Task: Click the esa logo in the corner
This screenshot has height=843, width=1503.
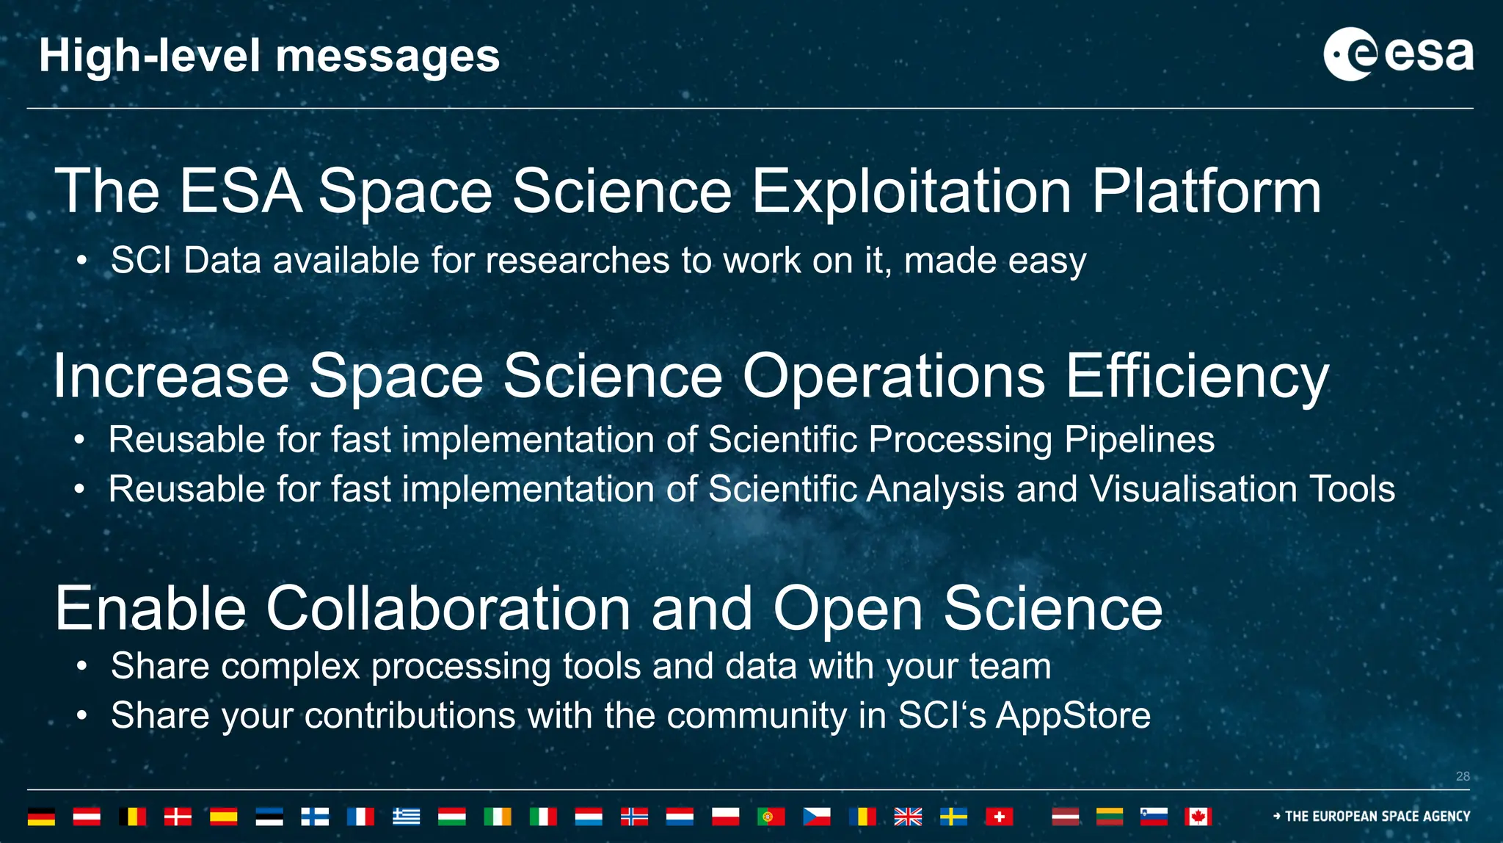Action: pos(1397,54)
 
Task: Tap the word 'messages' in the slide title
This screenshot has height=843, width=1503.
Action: pos(387,57)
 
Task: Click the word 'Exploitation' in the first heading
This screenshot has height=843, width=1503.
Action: pos(912,192)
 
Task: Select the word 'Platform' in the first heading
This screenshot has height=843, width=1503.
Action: pos(1206,192)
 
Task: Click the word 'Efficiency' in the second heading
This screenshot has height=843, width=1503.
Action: pos(1196,376)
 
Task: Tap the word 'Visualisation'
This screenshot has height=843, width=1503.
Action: pos(1193,489)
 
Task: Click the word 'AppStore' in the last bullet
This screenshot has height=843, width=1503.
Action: pos(1073,715)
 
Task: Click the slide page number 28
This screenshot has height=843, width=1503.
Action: pos(1463,776)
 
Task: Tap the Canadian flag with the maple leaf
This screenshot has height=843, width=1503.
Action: pos(1198,817)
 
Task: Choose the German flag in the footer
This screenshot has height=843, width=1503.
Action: pos(41,817)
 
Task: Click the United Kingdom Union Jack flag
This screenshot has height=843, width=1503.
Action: pos(908,817)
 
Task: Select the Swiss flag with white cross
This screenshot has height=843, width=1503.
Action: pos(999,817)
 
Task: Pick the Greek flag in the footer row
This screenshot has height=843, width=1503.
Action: pos(406,817)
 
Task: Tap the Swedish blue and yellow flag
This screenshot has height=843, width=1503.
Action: pos(953,817)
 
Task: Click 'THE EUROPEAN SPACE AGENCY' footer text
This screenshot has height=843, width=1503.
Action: pos(1377,817)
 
